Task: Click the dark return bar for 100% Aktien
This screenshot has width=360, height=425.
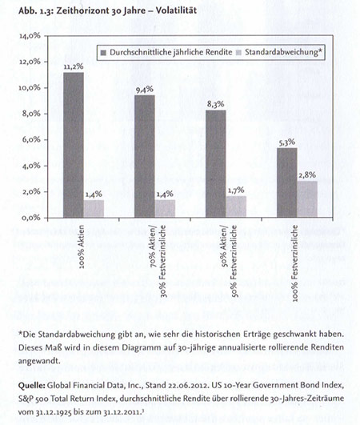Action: (x=74, y=145)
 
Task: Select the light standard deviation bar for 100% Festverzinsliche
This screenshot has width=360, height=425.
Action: (x=307, y=199)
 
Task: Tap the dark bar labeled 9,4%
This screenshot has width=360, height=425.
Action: (x=145, y=156)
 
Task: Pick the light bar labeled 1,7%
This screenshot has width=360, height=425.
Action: (x=236, y=206)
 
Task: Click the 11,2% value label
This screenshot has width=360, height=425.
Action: (x=74, y=66)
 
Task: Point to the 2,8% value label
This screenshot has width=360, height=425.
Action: (x=307, y=175)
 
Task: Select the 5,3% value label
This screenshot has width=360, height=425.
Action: (x=287, y=142)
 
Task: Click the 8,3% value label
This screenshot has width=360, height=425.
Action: (x=216, y=104)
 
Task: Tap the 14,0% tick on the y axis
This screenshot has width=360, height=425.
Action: (x=30, y=36)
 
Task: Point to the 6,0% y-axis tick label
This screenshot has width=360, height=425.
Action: (x=31, y=140)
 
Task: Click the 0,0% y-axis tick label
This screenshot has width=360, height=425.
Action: (x=31, y=218)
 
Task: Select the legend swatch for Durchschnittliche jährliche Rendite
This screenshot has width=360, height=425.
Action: (x=103, y=52)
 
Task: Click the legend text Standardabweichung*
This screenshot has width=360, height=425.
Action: (x=284, y=52)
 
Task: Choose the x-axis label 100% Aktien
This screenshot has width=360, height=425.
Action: (x=82, y=247)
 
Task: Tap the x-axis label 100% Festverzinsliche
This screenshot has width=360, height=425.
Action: (x=295, y=263)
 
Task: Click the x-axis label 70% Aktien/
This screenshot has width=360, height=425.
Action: (x=154, y=246)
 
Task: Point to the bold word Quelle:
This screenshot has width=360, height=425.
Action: (x=31, y=386)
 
